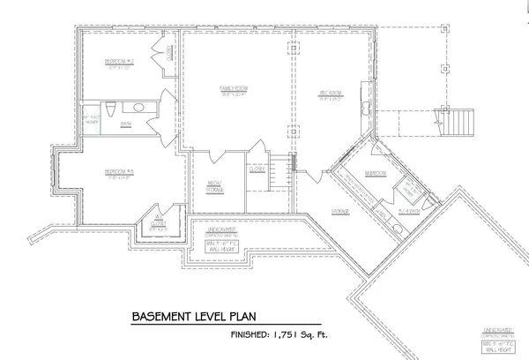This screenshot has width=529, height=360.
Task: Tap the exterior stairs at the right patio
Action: (x=459, y=116)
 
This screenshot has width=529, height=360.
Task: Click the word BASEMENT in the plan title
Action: (x=166, y=316)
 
